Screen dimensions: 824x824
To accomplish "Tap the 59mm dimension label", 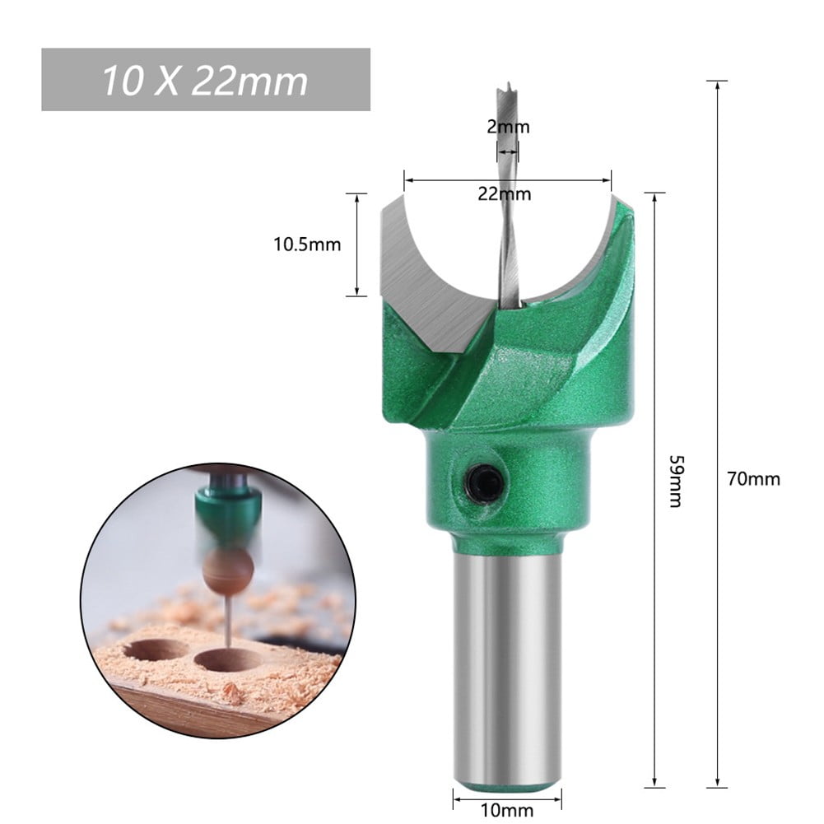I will tap(675, 481).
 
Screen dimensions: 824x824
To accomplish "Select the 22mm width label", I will tap(505, 194).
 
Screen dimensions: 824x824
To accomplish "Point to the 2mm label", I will tap(507, 128).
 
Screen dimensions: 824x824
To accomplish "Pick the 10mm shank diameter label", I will tap(506, 810).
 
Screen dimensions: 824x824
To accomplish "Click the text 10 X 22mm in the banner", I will tap(205, 81).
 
